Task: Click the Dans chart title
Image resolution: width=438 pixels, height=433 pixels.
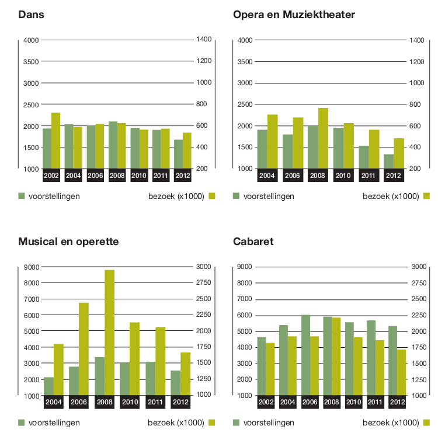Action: point(32,14)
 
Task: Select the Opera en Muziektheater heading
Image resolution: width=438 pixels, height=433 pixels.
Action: point(294,14)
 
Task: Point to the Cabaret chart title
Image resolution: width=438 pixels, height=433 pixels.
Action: point(253,241)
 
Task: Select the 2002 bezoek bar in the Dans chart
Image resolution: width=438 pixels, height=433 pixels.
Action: point(55,140)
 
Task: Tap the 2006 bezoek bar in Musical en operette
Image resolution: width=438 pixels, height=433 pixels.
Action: point(84,348)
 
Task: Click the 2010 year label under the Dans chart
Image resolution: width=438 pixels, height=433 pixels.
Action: point(139,174)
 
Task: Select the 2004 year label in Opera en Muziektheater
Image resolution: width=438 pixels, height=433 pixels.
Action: point(267,174)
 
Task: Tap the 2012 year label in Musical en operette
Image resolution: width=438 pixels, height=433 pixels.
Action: point(181,401)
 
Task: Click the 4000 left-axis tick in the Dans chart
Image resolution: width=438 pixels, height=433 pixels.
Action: point(30,40)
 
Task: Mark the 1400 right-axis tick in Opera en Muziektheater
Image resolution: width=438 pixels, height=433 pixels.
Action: point(416,40)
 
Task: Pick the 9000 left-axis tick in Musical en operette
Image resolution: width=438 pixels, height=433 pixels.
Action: point(30,267)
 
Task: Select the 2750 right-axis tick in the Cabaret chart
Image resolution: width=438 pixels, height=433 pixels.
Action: point(419,283)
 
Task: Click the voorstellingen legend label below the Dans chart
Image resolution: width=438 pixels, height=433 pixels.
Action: point(54,196)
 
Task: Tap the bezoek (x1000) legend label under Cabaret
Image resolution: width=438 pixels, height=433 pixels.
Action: point(391,422)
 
